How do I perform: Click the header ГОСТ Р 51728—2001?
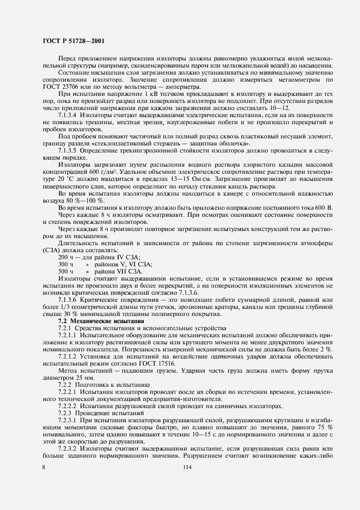pyautogui.click(x=74, y=40)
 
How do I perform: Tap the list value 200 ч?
pyautogui.click(x=65, y=257)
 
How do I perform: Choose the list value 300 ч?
pyautogui.click(x=65, y=264)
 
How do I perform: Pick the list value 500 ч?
pyautogui.click(x=65, y=270)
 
